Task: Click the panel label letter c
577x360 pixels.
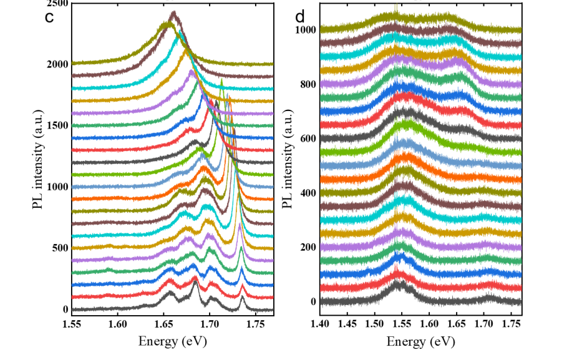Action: click(x=49, y=17)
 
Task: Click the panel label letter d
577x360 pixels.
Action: click(x=300, y=17)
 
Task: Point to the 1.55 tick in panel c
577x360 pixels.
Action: click(x=72, y=324)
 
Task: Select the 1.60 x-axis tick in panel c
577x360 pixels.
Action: click(x=118, y=324)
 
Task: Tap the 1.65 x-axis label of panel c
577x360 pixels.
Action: click(x=163, y=324)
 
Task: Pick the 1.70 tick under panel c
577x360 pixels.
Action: click(x=210, y=324)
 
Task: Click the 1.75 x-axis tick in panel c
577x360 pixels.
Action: click(x=255, y=324)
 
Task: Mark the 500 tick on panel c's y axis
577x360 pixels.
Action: click(x=59, y=248)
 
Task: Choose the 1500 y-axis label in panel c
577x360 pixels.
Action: click(x=56, y=125)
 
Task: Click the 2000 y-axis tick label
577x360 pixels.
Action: click(x=56, y=64)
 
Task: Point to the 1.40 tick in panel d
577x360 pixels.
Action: click(x=320, y=324)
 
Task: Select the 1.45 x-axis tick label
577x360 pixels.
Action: click(x=347, y=324)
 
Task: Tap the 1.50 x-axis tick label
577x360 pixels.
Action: click(x=375, y=324)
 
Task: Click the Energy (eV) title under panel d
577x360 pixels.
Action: click(x=420, y=341)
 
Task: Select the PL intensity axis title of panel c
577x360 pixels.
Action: click(x=39, y=162)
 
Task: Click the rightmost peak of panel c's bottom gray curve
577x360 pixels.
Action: click(x=242, y=299)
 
